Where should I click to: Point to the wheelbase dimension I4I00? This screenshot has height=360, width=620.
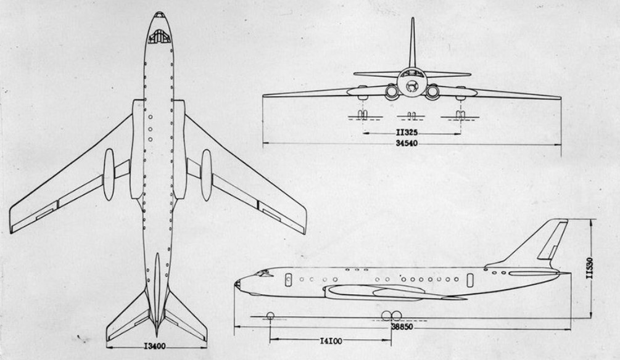(331, 341)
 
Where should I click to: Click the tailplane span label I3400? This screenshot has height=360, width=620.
(155, 346)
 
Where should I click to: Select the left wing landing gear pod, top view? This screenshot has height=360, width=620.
(109, 174)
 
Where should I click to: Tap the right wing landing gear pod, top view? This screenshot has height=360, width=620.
(207, 175)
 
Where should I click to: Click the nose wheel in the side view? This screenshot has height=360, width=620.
(270, 316)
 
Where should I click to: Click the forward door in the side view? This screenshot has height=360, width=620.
(288, 279)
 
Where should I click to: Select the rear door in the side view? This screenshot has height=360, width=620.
(470, 280)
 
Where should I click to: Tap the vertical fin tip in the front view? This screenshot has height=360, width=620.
(413, 18)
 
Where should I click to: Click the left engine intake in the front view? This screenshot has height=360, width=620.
(392, 92)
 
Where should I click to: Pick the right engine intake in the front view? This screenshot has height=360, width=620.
(432, 92)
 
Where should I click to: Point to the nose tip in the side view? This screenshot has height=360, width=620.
(236, 284)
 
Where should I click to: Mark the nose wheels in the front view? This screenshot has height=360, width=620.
(412, 115)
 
